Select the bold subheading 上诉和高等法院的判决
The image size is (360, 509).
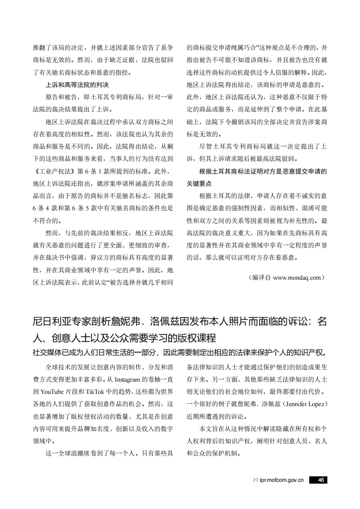tap(77, 85)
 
